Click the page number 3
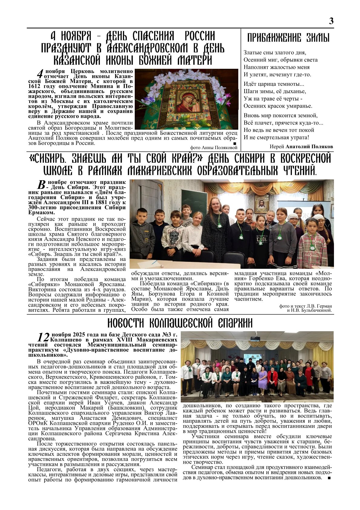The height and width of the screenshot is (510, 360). tap(331, 21)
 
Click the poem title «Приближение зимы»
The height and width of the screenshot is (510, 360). tap(288, 38)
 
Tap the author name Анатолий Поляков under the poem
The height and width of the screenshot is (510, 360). tap(309, 147)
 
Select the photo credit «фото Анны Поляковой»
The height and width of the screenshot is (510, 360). tap(214, 148)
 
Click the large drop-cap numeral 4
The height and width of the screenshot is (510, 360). tap(40, 74)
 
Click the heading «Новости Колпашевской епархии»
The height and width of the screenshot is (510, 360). tap(180, 323)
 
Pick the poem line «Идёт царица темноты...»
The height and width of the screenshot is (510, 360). tap(274, 84)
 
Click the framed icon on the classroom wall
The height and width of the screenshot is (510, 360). tap(261, 203)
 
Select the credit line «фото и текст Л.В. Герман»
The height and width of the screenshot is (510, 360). tap(306, 306)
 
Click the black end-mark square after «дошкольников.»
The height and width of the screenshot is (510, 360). tap(329, 478)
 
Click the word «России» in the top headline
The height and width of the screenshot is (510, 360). tap(200, 36)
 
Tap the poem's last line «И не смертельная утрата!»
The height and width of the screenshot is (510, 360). tap(276, 137)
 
